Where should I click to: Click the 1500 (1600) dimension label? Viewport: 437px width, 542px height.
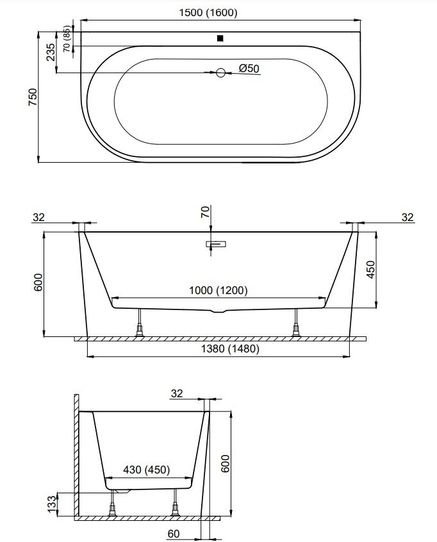208,13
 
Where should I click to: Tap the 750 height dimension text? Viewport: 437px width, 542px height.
33,97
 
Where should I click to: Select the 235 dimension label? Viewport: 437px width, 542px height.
51,52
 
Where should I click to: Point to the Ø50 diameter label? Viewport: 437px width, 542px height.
249,69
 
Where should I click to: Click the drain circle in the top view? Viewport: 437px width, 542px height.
220,72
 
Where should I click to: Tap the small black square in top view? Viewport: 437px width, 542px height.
220,38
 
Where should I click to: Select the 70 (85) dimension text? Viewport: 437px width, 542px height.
67,39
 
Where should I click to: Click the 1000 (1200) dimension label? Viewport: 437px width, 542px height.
218,290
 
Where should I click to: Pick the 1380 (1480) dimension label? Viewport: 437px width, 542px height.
230,349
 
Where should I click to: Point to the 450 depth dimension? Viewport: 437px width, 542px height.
370,270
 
